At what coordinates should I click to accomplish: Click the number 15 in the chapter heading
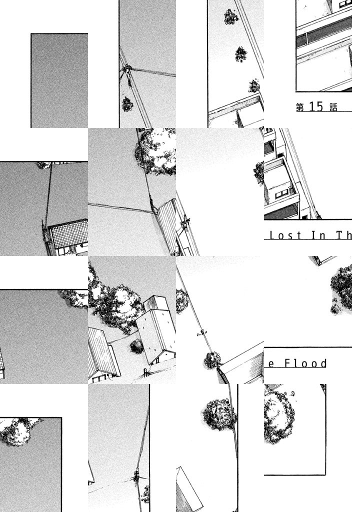(x=316, y=106)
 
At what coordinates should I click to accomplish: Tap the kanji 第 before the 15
(x=300, y=107)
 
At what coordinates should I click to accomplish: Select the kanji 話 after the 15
(x=333, y=107)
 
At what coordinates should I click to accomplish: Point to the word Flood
(x=305, y=363)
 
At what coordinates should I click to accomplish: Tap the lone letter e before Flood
(x=271, y=364)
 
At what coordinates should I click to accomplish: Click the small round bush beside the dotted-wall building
(x=136, y=346)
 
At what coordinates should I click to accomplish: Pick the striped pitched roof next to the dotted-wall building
(x=102, y=352)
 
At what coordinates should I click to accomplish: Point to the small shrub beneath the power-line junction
(x=127, y=104)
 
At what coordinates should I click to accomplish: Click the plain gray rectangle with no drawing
(x=59, y=80)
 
